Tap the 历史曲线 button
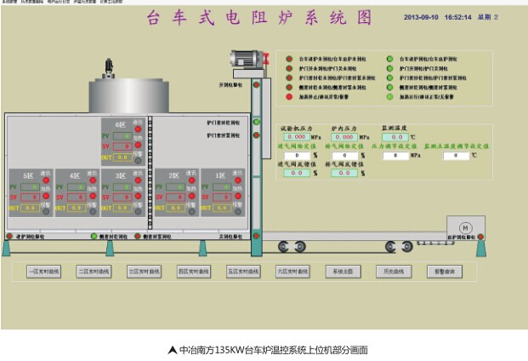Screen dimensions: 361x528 click(394, 272)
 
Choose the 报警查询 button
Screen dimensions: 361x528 click(444, 272)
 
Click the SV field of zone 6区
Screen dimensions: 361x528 click(122, 146)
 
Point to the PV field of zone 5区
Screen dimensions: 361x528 click(31, 186)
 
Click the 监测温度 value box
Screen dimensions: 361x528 click(395, 136)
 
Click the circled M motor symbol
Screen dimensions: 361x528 click(464, 227)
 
